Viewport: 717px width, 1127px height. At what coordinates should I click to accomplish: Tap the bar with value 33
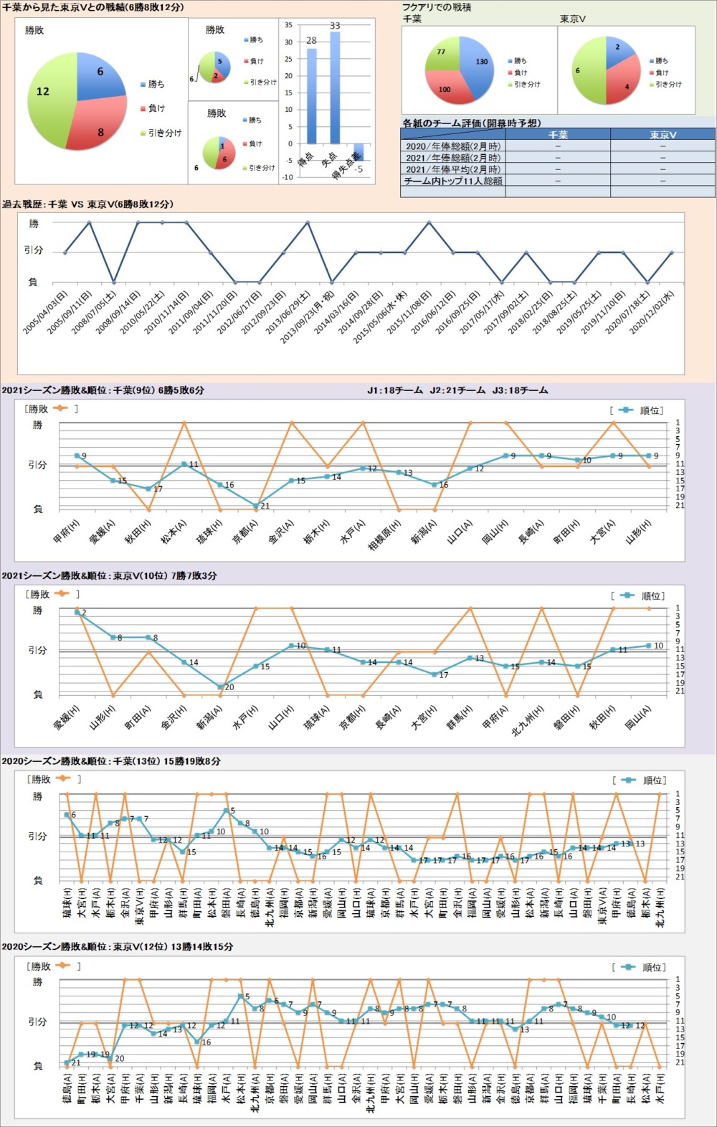[x=334, y=86]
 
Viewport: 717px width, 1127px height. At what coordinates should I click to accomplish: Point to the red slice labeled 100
[x=447, y=88]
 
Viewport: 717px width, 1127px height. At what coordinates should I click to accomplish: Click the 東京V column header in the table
[x=663, y=134]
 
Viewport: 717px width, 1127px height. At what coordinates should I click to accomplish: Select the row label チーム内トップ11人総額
[x=453, y=181]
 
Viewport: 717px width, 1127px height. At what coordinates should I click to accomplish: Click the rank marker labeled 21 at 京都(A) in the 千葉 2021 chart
[x=256, y=506]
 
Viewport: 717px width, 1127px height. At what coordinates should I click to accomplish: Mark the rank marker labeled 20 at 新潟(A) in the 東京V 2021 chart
[x=220, y=687]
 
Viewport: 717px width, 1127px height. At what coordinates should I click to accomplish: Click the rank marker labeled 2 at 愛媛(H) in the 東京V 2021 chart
[x=77, y=612]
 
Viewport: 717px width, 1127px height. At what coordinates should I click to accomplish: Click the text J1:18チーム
[x=394, y=390]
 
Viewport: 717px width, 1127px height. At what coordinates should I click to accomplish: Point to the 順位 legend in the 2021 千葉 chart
[x=642, y=410]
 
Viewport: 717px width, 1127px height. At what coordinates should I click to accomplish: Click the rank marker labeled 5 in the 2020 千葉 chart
[x=226, y=811]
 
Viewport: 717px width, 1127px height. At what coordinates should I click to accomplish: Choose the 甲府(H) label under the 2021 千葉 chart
[x=67, y=532]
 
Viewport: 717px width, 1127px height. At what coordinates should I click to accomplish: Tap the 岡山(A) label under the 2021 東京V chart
[x=638, y=718]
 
